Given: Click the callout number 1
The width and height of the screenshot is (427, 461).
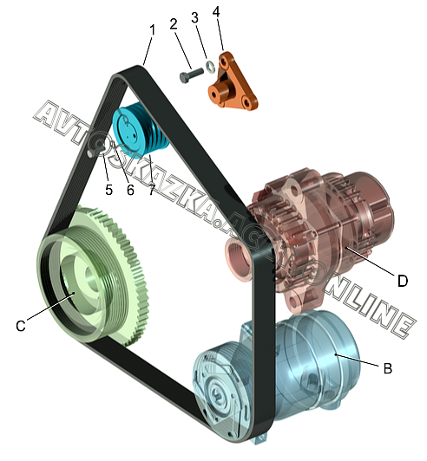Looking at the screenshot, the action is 152,31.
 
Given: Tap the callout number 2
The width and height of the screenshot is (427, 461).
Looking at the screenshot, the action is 174,23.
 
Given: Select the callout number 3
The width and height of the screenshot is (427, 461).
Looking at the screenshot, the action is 194,18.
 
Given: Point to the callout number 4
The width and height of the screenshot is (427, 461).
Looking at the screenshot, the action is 216,11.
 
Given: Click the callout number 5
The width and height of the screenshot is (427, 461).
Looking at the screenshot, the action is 109,190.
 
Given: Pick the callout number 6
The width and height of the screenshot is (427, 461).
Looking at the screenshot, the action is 130,190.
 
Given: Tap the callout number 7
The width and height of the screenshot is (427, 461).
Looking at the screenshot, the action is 151,190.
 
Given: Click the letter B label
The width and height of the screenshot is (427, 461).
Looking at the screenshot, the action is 388,368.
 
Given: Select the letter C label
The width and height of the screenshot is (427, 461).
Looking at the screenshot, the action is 21,326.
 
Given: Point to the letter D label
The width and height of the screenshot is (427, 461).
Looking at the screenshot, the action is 403,281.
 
